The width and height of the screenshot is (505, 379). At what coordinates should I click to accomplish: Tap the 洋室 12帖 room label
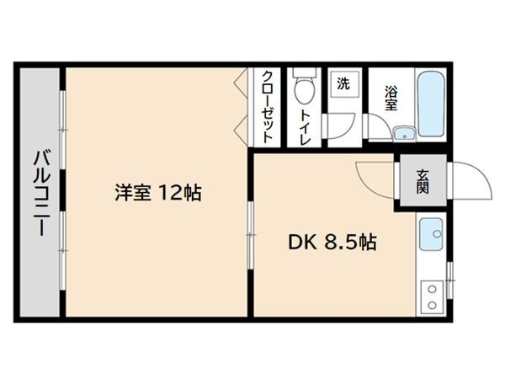click(x=158, y=192)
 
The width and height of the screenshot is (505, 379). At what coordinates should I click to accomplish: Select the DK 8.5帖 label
click(x=332, y=242)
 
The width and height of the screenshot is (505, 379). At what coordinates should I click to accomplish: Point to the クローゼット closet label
click(x=268, y=107)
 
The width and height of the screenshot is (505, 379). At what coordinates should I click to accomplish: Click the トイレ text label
click(x=305, y=127)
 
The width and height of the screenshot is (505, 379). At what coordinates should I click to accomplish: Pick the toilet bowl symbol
click(x=304, y=87)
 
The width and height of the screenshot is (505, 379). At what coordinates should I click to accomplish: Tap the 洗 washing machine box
click(x=343, y=84)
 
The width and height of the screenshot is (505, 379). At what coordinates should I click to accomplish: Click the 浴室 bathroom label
click(x=391, y=99)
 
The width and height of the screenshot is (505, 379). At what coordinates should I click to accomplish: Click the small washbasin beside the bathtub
click(x=404, y=133)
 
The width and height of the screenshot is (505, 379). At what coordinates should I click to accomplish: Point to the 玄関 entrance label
click(x=423, y=181)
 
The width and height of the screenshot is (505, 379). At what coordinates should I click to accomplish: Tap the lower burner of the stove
click(x=432, y=305)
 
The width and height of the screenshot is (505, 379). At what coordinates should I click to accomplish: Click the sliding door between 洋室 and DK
click(x=251, y=235)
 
